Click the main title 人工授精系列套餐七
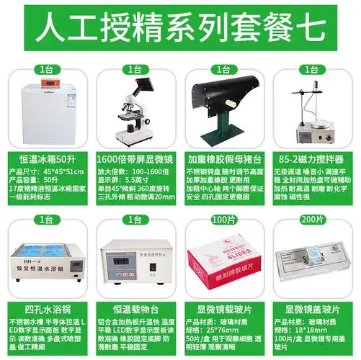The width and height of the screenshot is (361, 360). coord(180,30)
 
